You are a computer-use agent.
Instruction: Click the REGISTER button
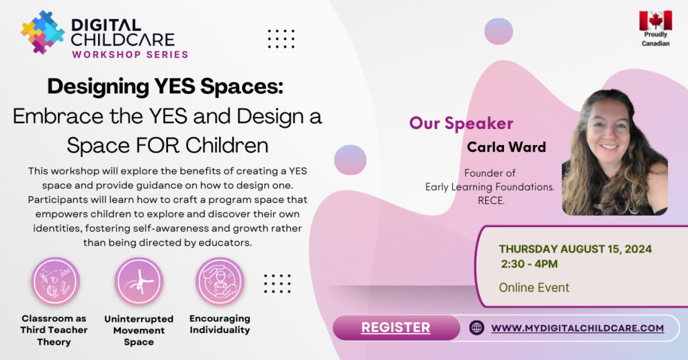click(396, 328)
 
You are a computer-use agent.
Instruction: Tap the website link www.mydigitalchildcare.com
click(577, 328)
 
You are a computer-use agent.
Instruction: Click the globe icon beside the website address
click(476, 328)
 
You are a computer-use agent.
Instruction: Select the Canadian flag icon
click(656, 20)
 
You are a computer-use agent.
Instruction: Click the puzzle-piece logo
click(42, 32)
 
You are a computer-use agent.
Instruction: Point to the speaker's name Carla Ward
click(507, 147)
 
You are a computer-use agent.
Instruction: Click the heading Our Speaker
click(461, 123)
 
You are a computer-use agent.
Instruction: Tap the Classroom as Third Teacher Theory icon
click(55, 281)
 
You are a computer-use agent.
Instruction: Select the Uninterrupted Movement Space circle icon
click(138, 281)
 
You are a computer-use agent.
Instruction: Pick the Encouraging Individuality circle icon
click(220, 281)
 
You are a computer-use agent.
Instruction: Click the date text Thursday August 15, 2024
click(575, 249)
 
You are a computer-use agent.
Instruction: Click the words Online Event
click(533, 287)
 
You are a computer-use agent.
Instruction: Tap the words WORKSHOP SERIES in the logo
click(130, 55)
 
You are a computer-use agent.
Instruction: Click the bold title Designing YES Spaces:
click(165, 87)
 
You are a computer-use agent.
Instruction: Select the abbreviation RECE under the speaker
click(491, 201)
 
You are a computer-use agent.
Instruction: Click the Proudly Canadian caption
click(656, 38)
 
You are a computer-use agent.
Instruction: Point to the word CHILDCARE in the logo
click(123, 40)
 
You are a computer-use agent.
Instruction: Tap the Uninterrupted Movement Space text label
click(138, 330)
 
